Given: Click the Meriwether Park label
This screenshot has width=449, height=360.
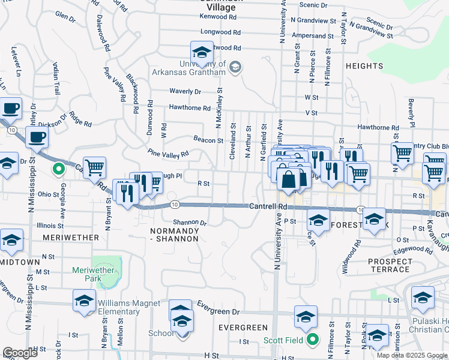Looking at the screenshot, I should point(93,274).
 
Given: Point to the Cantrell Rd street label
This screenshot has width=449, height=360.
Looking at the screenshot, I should point(269,206).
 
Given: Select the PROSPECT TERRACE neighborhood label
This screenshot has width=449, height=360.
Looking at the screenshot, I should point(390,265).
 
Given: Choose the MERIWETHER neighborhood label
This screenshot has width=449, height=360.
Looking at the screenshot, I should point(71,238).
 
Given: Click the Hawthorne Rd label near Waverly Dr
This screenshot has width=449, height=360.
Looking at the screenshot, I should point(190,108).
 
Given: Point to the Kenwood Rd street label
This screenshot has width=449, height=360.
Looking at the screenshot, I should point(219,17).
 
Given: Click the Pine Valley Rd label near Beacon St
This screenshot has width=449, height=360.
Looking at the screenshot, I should point(167,154).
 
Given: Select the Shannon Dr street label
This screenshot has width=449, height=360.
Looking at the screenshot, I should point(190,223).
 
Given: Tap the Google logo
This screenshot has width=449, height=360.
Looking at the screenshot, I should point(20,353).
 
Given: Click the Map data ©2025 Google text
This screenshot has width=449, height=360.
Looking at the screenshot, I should point(412,355).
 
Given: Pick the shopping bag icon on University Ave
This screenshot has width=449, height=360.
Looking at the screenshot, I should point(289,179).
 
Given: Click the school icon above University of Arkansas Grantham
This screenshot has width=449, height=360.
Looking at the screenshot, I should point(202,52).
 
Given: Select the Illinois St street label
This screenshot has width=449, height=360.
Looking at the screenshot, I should point(50,226).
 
